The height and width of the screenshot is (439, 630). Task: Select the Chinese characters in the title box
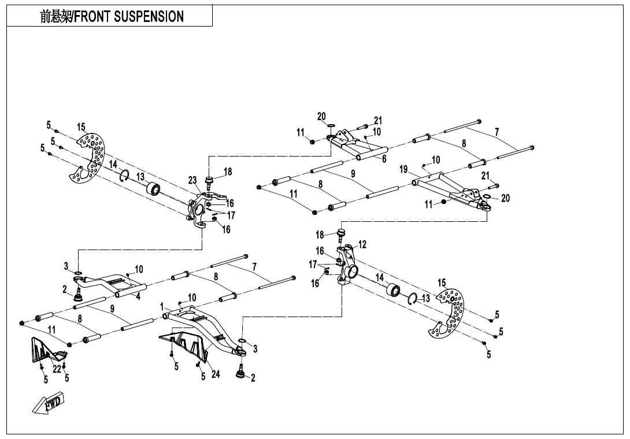coord(55,17)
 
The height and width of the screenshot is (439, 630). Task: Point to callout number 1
coord(162,306)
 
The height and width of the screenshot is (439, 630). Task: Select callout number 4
coord(138,296)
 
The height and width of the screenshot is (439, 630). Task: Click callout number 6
coord(384,159)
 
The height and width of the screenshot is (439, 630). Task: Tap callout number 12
coord(362,245)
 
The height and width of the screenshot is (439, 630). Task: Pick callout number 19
coord(403,169)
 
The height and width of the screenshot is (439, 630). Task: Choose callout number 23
coord(192,180)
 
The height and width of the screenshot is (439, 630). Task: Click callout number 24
coord(216,374)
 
